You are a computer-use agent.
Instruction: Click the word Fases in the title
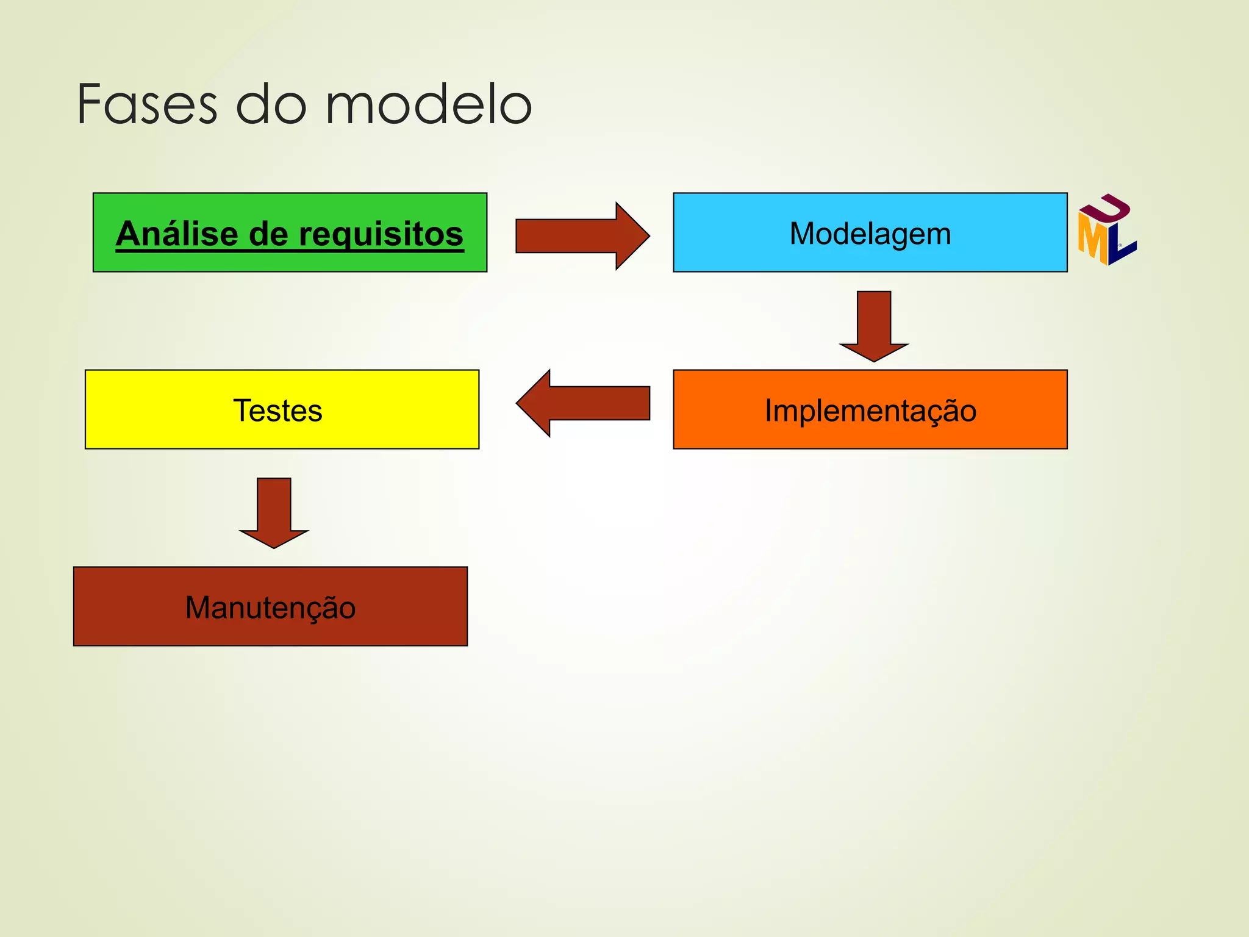point(147,105)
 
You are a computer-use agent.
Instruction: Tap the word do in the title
point(271,105)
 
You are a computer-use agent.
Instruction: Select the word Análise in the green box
point(177,234)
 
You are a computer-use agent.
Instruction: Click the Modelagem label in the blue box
point(870,234)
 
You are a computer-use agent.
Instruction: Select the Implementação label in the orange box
point(870,411)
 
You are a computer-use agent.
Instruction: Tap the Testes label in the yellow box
point(277,411)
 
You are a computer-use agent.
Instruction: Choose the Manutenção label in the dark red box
point(270,608)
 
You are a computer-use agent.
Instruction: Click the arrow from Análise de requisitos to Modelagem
point(582,235)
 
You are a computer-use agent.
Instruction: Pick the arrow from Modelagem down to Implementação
point(874,326)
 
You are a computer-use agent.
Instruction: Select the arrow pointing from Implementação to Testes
point(582,403)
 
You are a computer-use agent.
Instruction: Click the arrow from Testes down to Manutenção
point(274,513)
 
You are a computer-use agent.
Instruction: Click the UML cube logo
point(1106,230)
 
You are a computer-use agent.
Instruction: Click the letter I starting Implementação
point(770,410)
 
